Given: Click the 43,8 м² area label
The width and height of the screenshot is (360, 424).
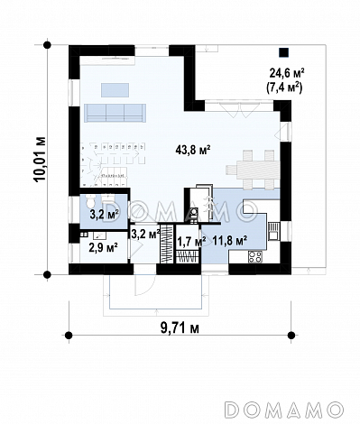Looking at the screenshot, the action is point(192,150).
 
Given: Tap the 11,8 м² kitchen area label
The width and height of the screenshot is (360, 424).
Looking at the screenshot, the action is point(230,240).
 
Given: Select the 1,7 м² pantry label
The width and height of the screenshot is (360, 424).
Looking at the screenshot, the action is point(191,241).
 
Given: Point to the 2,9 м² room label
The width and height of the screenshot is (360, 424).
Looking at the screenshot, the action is point(103,248).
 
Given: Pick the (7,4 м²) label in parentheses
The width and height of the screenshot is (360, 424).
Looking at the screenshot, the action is point(283,88).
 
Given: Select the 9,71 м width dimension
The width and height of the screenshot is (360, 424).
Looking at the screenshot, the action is point(180,327).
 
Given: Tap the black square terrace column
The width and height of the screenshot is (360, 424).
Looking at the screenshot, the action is point(283,52).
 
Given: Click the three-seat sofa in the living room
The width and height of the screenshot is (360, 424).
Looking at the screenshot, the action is point(115,113).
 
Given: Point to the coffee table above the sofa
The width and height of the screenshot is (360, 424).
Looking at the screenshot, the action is point(115,90).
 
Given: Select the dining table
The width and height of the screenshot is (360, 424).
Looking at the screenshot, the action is point(258,171).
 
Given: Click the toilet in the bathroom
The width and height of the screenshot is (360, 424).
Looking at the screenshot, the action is point(90,200).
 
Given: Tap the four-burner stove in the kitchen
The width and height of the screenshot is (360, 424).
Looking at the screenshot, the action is point(255,256).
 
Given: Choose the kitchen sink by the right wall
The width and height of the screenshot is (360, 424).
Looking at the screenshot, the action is point(273,230).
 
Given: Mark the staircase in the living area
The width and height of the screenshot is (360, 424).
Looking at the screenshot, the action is point(112,165).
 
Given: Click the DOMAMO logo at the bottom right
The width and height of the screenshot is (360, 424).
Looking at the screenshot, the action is point(284,409).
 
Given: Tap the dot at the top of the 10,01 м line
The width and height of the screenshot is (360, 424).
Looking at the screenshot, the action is point(47,45).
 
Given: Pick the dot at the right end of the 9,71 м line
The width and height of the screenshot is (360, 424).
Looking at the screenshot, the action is point(291,335).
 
